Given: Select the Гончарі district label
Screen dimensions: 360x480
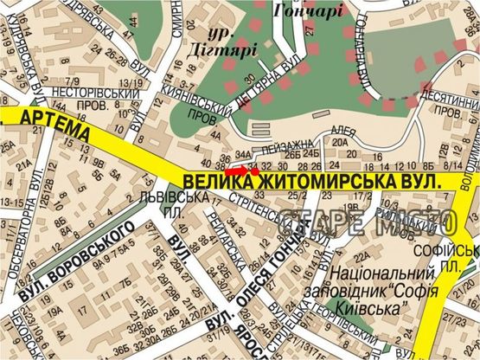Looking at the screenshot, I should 308,11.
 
